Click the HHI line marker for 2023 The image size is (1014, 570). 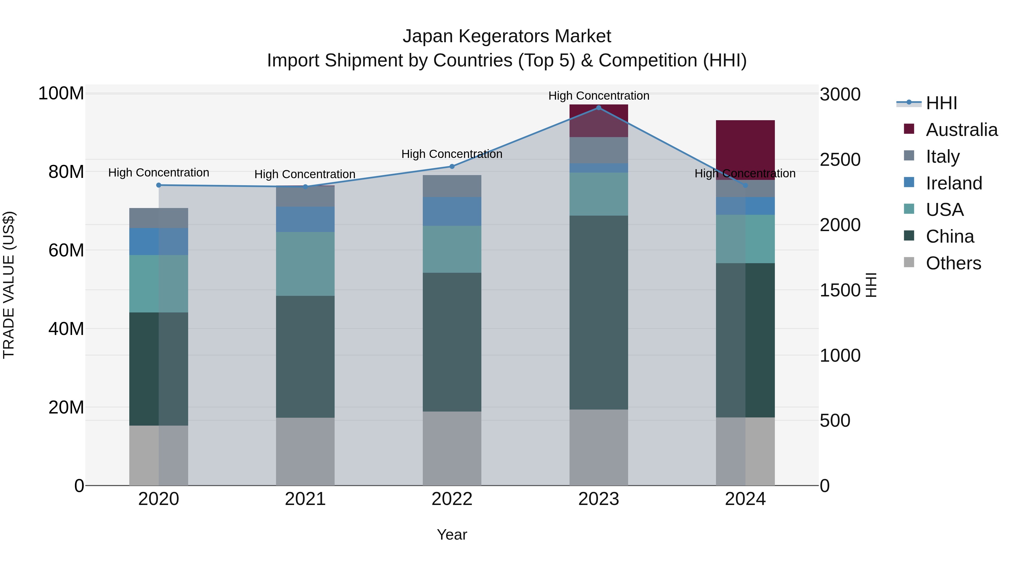click(599, 108)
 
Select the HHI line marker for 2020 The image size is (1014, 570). click(159, 185)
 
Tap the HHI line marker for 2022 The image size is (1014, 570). click(452, 166)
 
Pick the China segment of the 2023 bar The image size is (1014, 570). click(599, 312)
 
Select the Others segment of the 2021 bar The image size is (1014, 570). click(305, 451)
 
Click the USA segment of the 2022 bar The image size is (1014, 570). click(452, 249)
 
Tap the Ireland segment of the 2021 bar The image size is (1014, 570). click(305, 219)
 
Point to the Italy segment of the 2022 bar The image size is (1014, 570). click(452, 186)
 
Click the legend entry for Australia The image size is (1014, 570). click(962, 130)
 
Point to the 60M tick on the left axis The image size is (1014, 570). click(66, 250)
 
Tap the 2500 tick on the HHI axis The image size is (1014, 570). click(840, 160)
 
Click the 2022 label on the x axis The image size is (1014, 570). click(452, 499)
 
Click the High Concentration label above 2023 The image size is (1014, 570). click(599, 96)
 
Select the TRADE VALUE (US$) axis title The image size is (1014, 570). click(9, 285)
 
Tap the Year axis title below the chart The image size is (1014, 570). click(452, 535)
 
